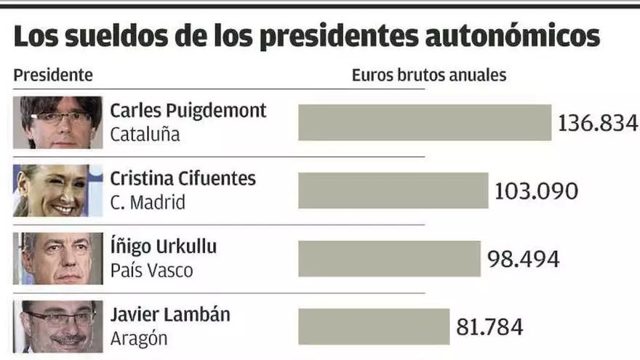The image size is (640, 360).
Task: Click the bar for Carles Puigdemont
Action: tap(425, 122)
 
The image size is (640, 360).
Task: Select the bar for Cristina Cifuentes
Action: tap(393, 191)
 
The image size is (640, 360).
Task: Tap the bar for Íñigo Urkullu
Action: tap(389, 258)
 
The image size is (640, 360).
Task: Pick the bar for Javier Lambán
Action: tap(374, 327)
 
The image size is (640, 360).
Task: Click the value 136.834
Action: tap(598, 123)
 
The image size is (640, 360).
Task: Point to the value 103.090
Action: tap(537, 191)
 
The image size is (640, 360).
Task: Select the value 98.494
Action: tap(524, 259)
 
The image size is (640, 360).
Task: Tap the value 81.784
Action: tap(489, 327)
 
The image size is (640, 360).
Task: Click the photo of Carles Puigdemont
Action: tap(57, 122)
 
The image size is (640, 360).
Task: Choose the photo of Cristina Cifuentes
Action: tap(57, 191)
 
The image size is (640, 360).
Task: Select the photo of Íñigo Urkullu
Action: tap(57, 258)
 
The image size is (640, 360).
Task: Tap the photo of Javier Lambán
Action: tap(57, 327)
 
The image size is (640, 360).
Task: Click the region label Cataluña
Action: tap(145, 135)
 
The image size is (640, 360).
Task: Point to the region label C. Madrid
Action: tap(148, 202)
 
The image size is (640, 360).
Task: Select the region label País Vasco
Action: tap(151, 271)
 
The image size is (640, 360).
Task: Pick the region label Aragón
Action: tap(139, 338)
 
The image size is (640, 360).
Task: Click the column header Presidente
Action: tap(53, 74)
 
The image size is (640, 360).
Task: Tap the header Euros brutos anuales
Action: tap(429, 74)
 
